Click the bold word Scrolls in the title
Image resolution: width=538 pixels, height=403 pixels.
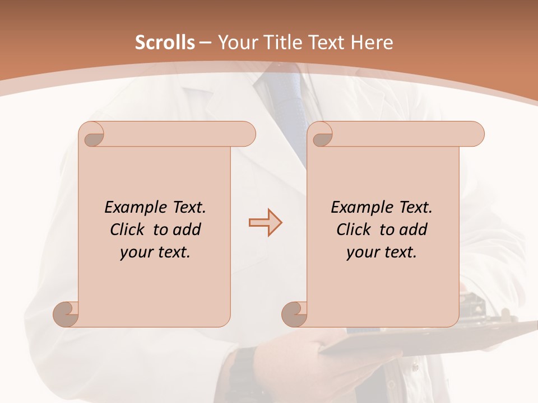coord(165,43)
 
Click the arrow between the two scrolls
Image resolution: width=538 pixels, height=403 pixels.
coord(265,223)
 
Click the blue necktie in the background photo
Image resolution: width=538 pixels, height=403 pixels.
coord(289,106)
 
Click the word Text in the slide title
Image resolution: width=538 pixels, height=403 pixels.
coord(327,43)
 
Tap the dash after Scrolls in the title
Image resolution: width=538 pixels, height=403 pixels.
coord(205,43)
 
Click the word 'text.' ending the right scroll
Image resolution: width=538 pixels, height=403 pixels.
coord(400,252)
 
